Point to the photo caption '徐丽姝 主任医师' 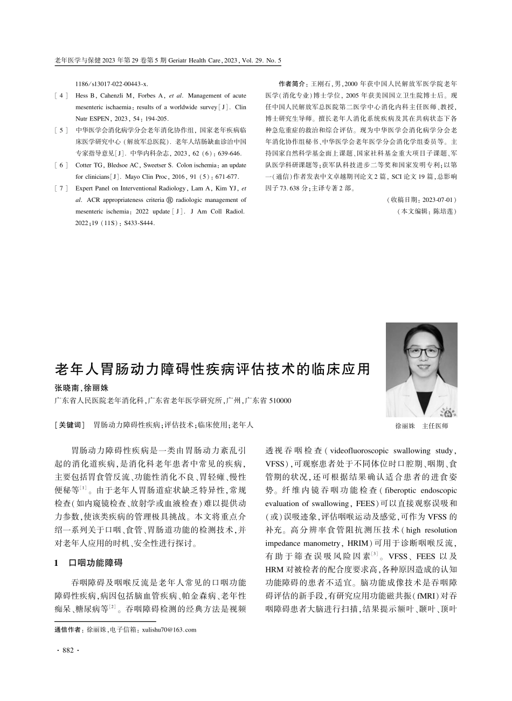click(x=421, y=425)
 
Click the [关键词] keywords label click(x=70, y=425)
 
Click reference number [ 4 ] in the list click(x=61, y=95)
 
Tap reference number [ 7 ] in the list click(x=61, y=188)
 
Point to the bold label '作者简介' click(x=292, y=84)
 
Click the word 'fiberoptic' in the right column click(x=399, y=490)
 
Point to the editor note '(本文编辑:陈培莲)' click(x=426, y=211)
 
